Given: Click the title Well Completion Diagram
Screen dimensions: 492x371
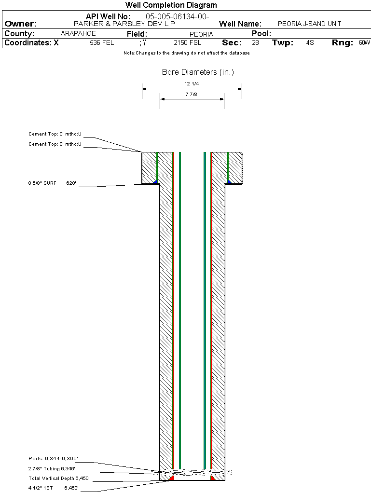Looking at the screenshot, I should click(171, 5).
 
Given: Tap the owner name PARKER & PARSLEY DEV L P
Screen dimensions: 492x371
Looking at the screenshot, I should click(124, 24).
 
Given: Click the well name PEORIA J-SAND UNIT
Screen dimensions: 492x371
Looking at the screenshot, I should click(309, 24).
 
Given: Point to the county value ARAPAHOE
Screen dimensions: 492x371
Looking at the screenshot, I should click(78, 34).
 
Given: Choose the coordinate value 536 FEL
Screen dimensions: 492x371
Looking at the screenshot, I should click(102, 43).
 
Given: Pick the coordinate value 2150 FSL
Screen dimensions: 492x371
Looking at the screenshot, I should click(188, 43).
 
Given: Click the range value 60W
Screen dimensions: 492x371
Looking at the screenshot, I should click(364, 43).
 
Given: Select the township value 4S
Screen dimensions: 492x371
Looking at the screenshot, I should click(310, 43).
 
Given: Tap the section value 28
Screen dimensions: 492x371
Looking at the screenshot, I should click(255, 43).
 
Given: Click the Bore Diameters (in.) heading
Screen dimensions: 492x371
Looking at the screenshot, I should click(198, 72).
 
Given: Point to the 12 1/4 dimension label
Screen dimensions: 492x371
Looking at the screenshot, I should click(192, 84).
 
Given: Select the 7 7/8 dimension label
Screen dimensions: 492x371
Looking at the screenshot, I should click(192, 95).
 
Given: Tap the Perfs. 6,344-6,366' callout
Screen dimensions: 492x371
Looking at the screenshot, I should click(53, 458).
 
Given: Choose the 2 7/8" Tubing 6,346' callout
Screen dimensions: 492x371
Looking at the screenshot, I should click(52, 468).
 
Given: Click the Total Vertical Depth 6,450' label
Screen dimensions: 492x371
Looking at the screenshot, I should click(59, 478).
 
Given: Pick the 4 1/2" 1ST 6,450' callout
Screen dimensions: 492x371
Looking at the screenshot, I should click(53, 488).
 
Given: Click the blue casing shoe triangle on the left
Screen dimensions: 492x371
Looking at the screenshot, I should click(155, 181).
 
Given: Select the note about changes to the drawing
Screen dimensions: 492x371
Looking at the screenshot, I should click(186, 53).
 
